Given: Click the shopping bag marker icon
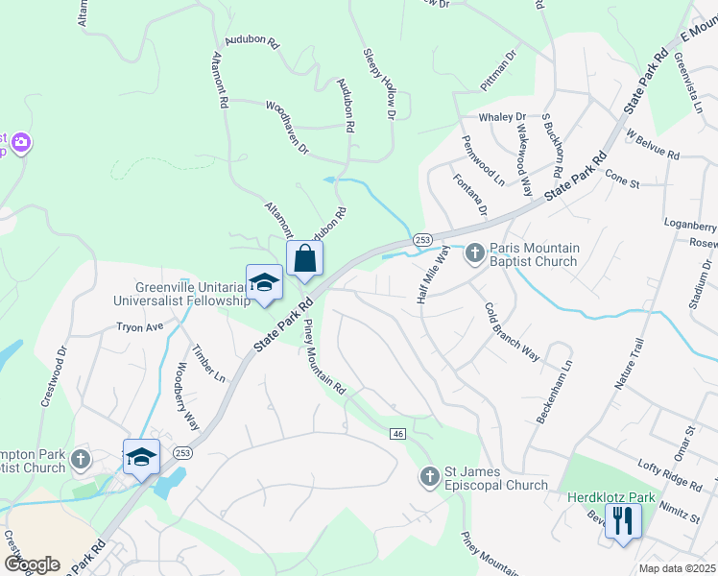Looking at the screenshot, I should [304, 258].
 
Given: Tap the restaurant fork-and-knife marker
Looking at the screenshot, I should [624, 520].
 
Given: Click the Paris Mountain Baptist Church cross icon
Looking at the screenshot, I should [474, 254].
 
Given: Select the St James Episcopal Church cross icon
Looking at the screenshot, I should [429, 476].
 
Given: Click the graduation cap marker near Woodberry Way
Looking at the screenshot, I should [141, 457].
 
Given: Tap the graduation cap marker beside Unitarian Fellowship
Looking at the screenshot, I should [264, 282].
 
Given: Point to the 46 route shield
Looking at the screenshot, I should [397, 435].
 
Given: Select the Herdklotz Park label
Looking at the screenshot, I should [604, 498].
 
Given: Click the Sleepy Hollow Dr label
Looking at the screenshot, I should [378, 84].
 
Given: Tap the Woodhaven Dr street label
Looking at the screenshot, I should [287, 129].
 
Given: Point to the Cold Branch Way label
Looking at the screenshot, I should [512, 332].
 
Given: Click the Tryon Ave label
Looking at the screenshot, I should [140, 327].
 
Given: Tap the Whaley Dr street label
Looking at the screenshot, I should [502, 117].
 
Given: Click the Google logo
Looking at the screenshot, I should [32, 564].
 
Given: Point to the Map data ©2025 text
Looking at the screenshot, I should [677, 569].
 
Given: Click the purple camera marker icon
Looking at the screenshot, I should [21, 144].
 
